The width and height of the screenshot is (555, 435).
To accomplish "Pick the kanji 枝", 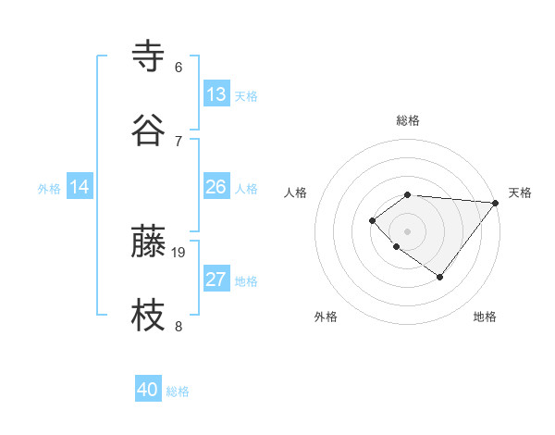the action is coord(149,315).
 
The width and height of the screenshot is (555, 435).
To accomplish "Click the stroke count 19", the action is coord(179,252).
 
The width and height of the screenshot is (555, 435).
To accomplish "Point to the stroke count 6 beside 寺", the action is coord(179,67).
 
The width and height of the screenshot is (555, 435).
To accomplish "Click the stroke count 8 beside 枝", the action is coord(179,325).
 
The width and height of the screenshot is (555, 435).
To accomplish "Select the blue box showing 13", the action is coord(216,94).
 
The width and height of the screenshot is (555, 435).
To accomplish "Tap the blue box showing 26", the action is coord(216,187).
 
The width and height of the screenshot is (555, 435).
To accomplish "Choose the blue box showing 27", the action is coord(216,280).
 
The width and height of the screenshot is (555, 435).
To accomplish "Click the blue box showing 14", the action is coord(80,187).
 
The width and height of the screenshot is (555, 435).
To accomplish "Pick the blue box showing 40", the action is coord(148,390).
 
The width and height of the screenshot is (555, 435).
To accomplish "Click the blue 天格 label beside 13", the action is coord(246,96).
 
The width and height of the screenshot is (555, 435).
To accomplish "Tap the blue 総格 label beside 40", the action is coord(178,391).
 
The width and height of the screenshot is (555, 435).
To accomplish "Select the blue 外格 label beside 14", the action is coord(49,189).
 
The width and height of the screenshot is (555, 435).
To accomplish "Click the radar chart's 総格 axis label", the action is coord(408,120).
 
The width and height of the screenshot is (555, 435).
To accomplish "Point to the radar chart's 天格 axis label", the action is coord(520,193).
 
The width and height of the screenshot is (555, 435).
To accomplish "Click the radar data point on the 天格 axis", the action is coord(496,202).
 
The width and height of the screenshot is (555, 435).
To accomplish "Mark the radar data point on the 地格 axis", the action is coord(440,277).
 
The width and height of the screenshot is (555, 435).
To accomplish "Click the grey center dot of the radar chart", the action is coord(408,230).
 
